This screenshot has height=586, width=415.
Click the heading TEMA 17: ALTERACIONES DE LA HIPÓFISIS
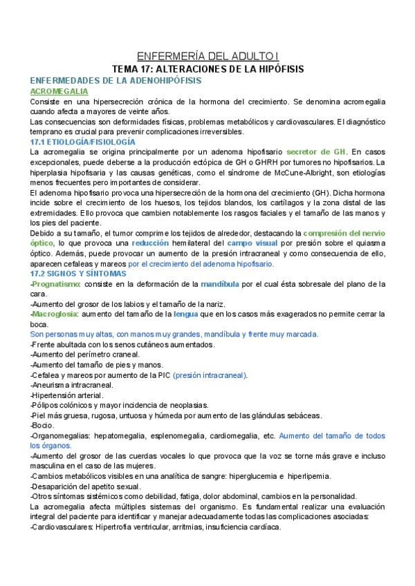click(207, 70)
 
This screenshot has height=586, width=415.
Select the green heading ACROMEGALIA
click(59, 91)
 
